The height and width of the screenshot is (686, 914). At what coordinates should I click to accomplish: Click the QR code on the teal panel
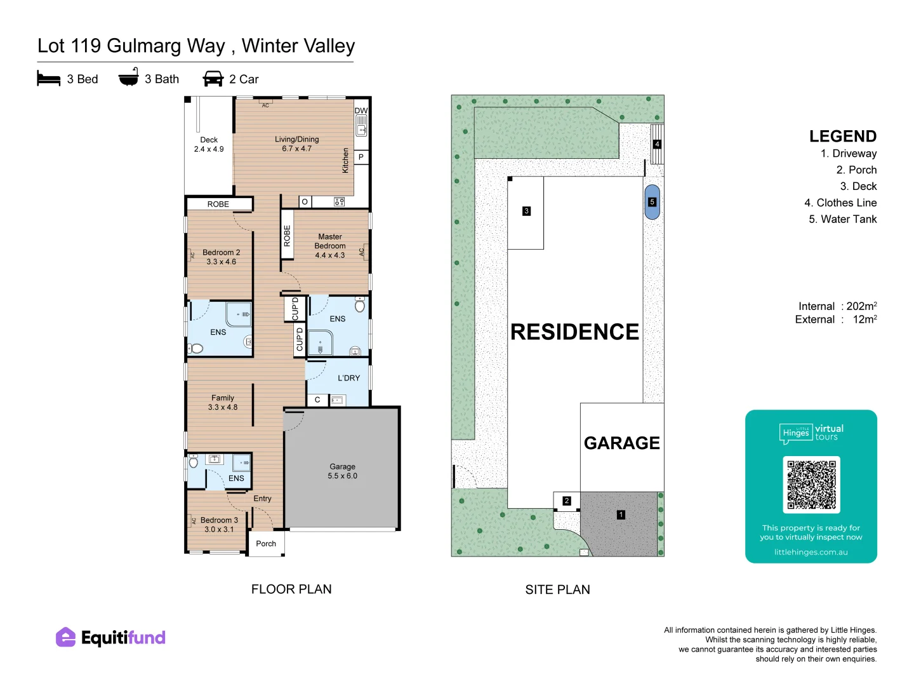(811, 485)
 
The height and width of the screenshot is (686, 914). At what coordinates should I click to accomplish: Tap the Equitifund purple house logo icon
(66, 637)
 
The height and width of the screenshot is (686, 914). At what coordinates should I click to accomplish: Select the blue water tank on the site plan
(652, 202)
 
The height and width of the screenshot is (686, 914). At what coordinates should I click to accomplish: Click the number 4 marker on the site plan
(657, 144)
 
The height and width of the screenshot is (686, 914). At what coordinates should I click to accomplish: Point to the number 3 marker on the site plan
(526, 211)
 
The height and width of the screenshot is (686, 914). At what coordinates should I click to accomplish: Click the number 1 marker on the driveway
(621, 514)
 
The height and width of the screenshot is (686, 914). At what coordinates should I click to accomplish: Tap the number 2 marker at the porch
(566, 501)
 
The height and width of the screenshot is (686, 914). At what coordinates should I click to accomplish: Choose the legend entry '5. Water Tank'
(842, 219)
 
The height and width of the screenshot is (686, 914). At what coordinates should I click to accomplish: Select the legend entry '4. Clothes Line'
(840, 203)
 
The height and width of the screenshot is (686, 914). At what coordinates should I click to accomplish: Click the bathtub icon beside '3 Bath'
(129, 77)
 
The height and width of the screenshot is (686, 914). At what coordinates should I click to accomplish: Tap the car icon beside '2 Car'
(213, 79)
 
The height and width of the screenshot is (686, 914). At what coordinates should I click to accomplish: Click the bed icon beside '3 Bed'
(49, 78)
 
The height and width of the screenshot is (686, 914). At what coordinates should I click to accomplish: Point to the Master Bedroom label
(330, 241)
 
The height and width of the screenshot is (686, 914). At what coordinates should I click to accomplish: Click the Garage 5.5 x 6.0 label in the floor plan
(342, 471)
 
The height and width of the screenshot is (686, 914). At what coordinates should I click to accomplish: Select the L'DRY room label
(348, 378)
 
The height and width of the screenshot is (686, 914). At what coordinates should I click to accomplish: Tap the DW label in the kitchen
(361, 111)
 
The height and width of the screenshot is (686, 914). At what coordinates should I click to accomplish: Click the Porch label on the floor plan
(266, 544)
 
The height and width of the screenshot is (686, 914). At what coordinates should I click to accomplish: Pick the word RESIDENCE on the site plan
(574, 332)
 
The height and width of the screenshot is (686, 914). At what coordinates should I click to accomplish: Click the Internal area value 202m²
(861, 306)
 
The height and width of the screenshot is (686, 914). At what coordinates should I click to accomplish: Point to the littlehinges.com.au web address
(811, 553)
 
